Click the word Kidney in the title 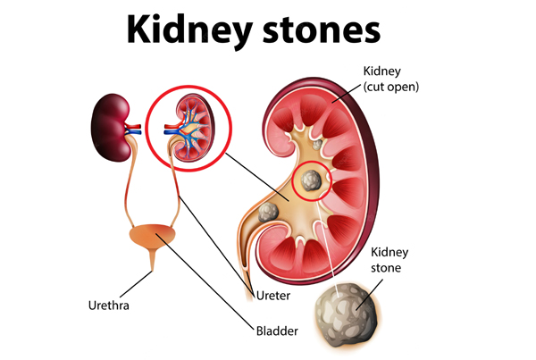point(189,30)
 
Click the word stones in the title point(322,30)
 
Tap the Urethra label point(109,306)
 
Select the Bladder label point(277,331)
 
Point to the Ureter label point(273,296)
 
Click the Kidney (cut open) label point(390,79)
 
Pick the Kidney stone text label point(389,260)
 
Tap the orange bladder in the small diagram point(153,235)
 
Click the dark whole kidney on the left point(110,127)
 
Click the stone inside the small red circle point(311,180)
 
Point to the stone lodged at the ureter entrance point(268,212)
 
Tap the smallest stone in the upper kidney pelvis point(317,145)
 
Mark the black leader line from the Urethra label point(136,284)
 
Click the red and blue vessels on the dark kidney point(133,130)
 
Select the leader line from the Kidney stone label point(369,295)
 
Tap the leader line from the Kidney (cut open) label point(346,93)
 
